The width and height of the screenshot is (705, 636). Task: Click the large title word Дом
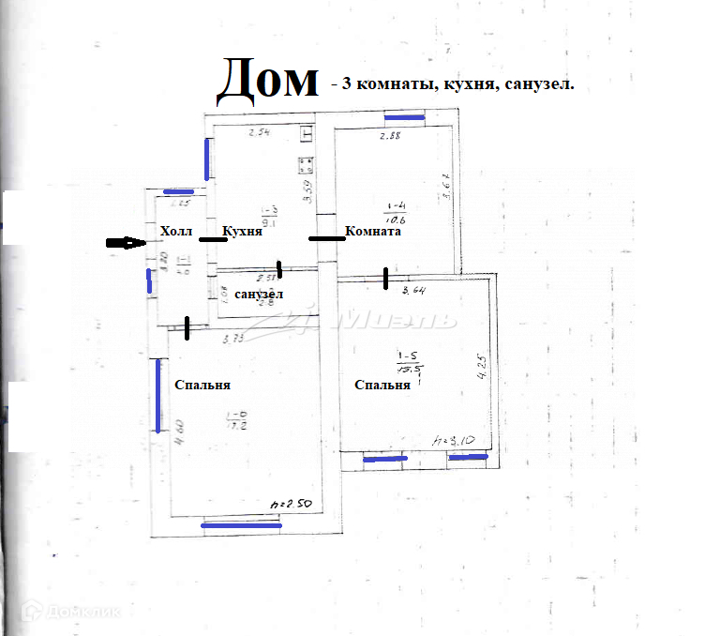pos(268,81)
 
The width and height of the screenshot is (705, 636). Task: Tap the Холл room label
pos(175,232)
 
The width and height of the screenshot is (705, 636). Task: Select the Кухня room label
pos(241,232)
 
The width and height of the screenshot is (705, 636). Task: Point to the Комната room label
pos(373,232)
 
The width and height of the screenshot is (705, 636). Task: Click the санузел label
pos(260,295)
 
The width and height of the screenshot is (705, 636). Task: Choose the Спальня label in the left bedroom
pos(202,385)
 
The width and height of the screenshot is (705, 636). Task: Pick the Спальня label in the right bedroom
pos(382,385)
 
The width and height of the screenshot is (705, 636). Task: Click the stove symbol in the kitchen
pos(305,167)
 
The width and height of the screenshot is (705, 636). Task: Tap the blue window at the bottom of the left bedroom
pos(242,526)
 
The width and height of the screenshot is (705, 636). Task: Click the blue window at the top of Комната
pos(404,118)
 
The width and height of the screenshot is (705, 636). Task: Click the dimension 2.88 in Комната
pos(390,137)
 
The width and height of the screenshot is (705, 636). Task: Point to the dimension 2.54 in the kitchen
pos(259,132)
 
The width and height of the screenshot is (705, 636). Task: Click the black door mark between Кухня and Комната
pos(327,238)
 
